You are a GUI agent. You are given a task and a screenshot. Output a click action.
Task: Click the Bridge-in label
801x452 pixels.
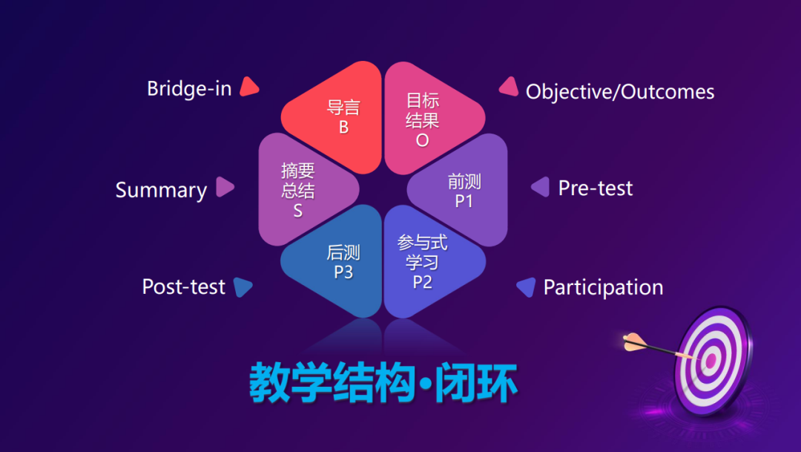click(190, 88)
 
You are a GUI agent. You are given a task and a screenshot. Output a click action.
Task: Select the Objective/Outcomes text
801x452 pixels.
click(620, 92)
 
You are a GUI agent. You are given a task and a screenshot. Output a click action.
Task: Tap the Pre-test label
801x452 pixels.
click(596, 189)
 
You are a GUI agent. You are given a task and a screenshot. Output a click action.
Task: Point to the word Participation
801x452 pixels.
click(603, 288)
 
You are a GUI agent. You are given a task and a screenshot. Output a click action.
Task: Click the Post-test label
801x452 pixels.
click(184, 286)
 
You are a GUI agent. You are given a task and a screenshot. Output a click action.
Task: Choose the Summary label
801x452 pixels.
click(161, 190)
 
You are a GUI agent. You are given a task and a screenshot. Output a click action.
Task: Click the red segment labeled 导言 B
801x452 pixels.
click(337, 117)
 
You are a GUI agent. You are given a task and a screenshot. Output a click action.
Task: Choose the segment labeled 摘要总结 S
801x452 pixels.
click(303, 190)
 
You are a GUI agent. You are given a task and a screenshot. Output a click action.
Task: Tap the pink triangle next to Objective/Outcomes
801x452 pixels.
click(509, 87)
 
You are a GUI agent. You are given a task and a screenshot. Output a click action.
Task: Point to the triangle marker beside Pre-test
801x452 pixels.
click(541, 186)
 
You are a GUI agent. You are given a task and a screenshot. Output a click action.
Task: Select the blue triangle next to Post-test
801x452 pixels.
click(242, 286)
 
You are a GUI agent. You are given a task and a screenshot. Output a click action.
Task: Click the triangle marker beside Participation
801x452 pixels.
click(527, 286)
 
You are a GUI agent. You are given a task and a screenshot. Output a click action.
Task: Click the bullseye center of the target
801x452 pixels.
click(711, 361)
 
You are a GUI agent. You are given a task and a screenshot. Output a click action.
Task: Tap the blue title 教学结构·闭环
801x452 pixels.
click(383, 382)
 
